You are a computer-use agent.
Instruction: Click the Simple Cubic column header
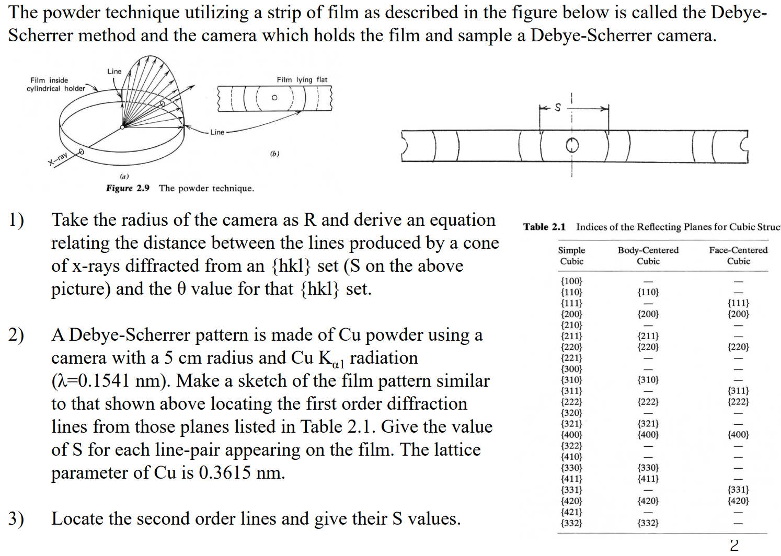tap(571, 256)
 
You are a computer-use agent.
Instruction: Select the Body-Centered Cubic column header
tap(648, 256)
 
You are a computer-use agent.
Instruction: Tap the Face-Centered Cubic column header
tap(738, 256)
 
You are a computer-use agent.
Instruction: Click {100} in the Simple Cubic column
tap(571, 281)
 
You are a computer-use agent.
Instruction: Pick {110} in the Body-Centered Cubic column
tap(648, 292)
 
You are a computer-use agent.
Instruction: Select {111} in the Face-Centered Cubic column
tap(738, 303)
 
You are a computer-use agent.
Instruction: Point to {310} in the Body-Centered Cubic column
tap(648, 380)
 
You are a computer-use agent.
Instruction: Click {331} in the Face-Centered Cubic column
tap(738, 490)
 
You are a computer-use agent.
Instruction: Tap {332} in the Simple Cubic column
tap(571, 523)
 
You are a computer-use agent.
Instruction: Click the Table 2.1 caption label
tap(544, 227)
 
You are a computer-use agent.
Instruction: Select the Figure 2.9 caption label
tap(128, 188)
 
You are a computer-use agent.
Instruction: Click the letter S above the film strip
tap(558, 108)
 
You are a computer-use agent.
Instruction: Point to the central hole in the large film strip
tap(572, 145)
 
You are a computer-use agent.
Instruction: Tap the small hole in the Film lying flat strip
tap(274, 98)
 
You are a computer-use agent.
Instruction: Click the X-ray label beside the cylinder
tap(59, 158)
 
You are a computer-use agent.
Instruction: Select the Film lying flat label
tap(302, 80)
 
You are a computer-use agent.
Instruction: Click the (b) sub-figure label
tap(274, 154)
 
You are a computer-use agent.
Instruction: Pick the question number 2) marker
tap(16, 335)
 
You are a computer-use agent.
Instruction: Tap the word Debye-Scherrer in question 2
tap(130, 335)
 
